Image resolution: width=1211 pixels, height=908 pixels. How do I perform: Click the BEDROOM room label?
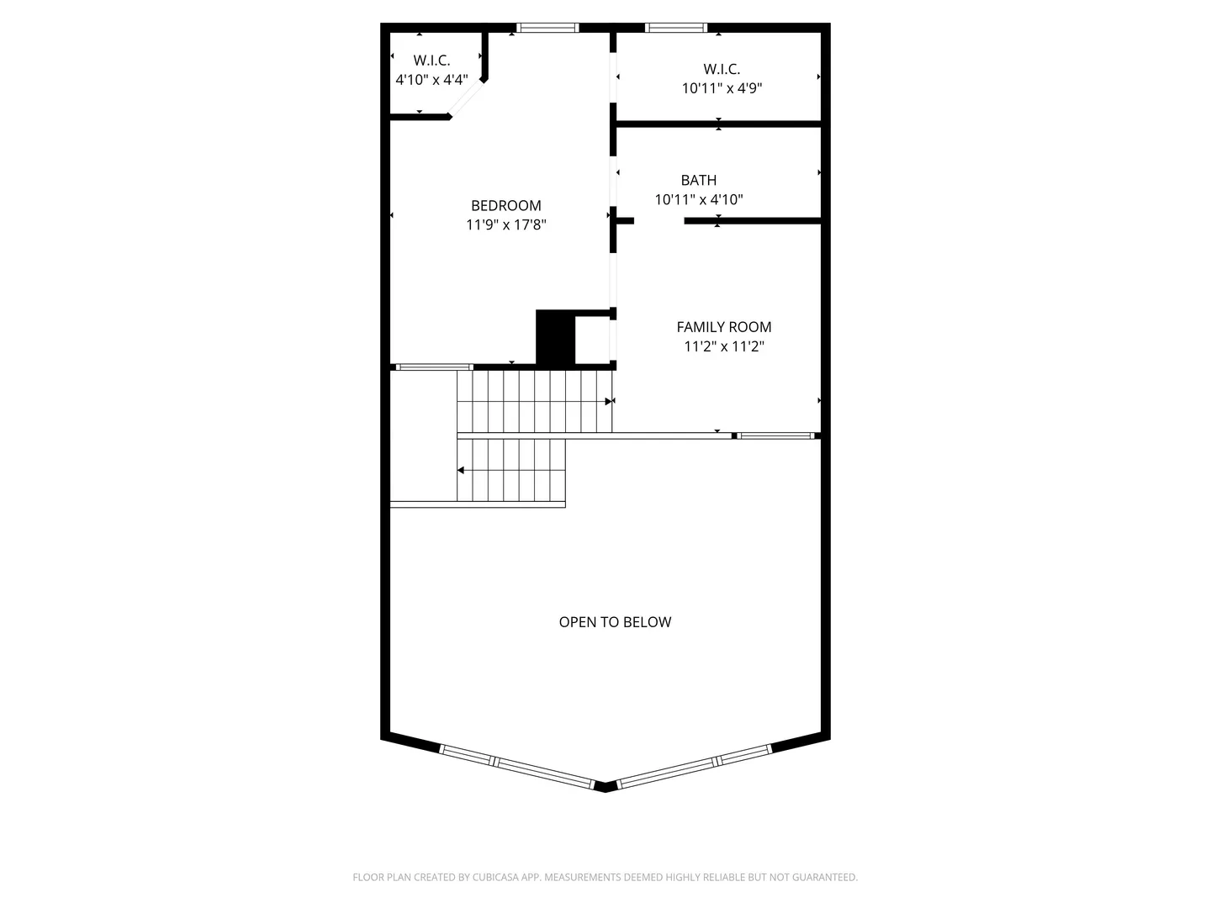[x=506, y=206]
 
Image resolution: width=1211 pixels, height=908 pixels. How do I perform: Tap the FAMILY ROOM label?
[x=724, y=327]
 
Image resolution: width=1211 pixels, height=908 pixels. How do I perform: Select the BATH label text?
[x=699, y=180]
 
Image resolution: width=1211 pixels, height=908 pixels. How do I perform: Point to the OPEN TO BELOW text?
[x=615, y=622]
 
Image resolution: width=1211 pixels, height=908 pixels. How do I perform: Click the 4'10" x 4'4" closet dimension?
[x=431, y=80]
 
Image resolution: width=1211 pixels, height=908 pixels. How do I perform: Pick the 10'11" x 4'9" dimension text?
[x=722, y=88]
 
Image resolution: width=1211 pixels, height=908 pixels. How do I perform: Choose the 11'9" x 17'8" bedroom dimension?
[x=506, y=225]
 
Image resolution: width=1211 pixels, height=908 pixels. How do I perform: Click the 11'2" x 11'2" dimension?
[x=724, y=346]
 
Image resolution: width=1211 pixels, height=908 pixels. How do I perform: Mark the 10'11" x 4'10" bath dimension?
[x=699, y=199]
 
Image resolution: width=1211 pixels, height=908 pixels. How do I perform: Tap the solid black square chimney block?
[x=555, y=337]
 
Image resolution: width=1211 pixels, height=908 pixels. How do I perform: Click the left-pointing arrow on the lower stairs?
[x=461, y=470]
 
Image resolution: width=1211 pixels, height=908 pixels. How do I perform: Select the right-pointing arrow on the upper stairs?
[x=609, y=401]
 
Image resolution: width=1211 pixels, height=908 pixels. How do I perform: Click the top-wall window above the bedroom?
[x=547, y=28]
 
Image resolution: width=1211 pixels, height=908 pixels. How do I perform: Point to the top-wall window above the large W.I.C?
[x=676, y=28]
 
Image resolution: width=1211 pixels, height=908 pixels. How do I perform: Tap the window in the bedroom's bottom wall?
[x=434, y=367]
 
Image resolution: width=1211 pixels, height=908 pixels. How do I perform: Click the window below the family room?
[x=775, y=436]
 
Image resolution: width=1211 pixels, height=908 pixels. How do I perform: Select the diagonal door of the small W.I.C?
[x=466, y=98]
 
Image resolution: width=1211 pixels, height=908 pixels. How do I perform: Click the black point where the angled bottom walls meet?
[x=605, y=787]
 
